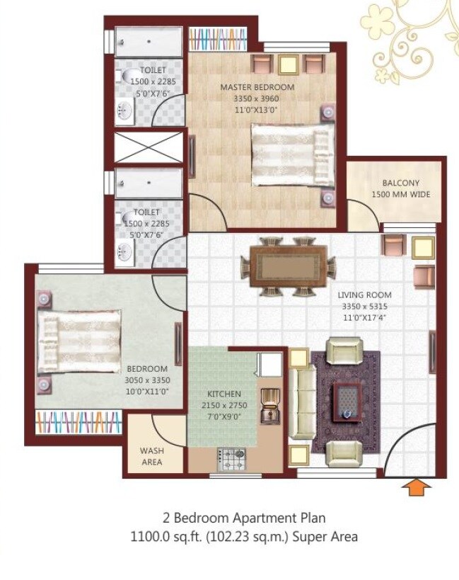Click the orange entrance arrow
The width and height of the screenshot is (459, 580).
tap(418, 488)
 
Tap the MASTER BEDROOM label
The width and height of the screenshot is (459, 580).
tap(257, 87)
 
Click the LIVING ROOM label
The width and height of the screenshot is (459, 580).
tap(364, 295)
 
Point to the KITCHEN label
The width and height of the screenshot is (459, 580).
tap(224, 394)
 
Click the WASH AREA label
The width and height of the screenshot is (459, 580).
tap(151, 455)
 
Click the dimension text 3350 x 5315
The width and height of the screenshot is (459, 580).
tap(364, 307)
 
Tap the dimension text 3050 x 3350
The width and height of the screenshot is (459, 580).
tap(147, 380)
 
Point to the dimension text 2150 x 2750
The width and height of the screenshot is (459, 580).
tap(224, 405)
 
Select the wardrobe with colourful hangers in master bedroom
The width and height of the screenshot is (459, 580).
tap(214, 38)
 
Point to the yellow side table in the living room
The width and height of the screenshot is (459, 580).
tap(423, 248)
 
